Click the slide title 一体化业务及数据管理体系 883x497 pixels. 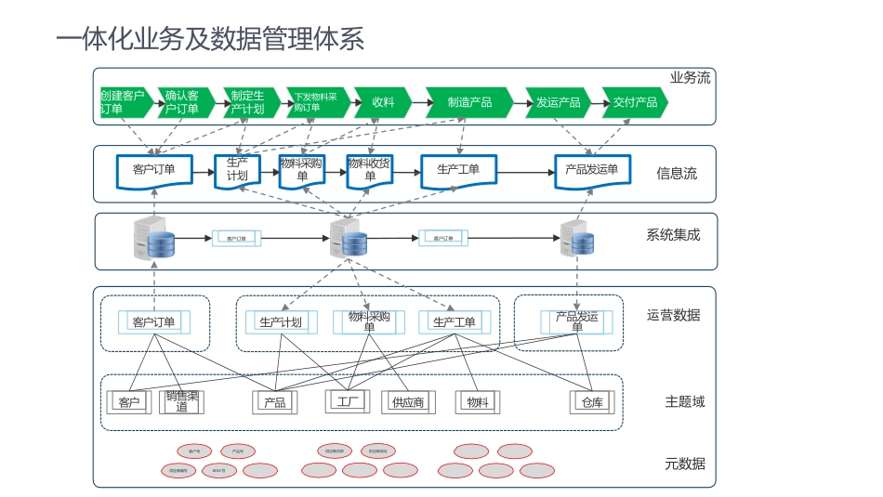pyautogui.click(x=210, y=40)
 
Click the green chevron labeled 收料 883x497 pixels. pyautogui.click(x=383, y=102)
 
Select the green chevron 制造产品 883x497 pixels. pyautogui.click(x=469, y=102)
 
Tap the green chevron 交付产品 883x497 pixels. pyautogui.click(x=635, y=102)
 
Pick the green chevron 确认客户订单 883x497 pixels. pyautogui.click(x=182, y=102)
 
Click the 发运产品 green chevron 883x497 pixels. pyautogui.click(x=558, y=102)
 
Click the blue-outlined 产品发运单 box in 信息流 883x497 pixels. pyautogui.click(x=592, y=170)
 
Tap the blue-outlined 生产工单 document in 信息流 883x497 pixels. pyautogui.click(x=458, y=170)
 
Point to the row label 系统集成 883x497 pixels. pyautogui.click(x=673, y=235)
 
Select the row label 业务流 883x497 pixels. pyautogui.click(x=690, y=78)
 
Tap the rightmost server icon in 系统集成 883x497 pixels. pyautogui.click(x=577, y=238)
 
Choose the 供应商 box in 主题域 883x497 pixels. pyautogui.click(x=408, y=402)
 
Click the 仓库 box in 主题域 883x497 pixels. pyautogui.click(x=592, y=402)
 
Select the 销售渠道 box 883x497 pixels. pyautogui.click(x=182, y=401)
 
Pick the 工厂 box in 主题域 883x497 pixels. pyautogui.click(x=349, y=402)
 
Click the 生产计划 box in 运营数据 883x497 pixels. pyautogui.click(x=281, y=322)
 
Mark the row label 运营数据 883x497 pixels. pyautogui.click(x=674, y=315)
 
